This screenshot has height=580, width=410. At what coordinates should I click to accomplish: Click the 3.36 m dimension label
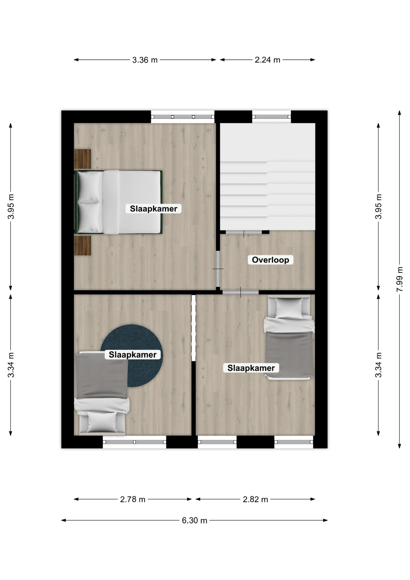click(145, 60)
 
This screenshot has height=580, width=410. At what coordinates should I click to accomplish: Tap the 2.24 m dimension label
click(267, 60)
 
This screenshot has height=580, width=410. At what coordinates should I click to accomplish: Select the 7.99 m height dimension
click(400, 279)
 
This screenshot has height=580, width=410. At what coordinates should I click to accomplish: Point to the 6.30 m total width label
click(194, 520)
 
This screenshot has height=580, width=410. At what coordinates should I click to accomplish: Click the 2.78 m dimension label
click(133, 499)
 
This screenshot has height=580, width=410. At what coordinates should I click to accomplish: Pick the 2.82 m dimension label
click(255, 499)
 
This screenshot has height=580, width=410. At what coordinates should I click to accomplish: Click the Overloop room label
click(271, 260)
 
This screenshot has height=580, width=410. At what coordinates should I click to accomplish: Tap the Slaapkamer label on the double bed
click(154, 208)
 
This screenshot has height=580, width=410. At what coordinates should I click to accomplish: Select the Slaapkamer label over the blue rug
click(133, 354)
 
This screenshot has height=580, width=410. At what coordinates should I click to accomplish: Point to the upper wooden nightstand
click(82, 159)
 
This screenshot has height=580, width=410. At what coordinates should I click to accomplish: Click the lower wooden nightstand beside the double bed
click(82, 246)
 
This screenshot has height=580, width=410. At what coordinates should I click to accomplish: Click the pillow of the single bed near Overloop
click(289, 308)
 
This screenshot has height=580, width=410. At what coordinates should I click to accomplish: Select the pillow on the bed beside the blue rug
click(102, 422)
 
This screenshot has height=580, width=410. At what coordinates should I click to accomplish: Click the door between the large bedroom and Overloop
click(218, 269)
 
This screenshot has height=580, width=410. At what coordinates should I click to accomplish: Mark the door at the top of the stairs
click(244, 232)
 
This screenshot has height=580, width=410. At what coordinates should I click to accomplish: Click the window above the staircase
click(271, 117)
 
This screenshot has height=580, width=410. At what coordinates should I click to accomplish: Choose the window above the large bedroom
click(183, 117)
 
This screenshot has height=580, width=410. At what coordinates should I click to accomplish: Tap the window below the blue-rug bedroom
click(135, 442)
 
